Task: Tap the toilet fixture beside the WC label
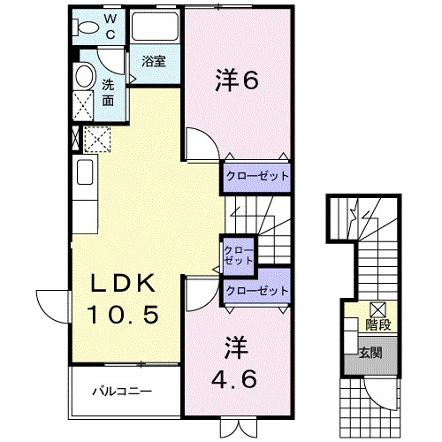[87, 27]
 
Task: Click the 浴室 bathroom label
[153, 61]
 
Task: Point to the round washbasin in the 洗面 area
[85, 77]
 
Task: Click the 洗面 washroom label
[107, 93]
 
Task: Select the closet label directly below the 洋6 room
[256, 176]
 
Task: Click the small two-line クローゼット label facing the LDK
[239, 255]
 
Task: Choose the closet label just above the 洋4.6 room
[256, 290]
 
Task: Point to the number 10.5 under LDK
[125, 313]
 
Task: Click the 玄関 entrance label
[370, 352]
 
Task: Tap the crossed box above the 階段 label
[377, 309]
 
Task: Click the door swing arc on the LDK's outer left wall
[50, 305]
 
